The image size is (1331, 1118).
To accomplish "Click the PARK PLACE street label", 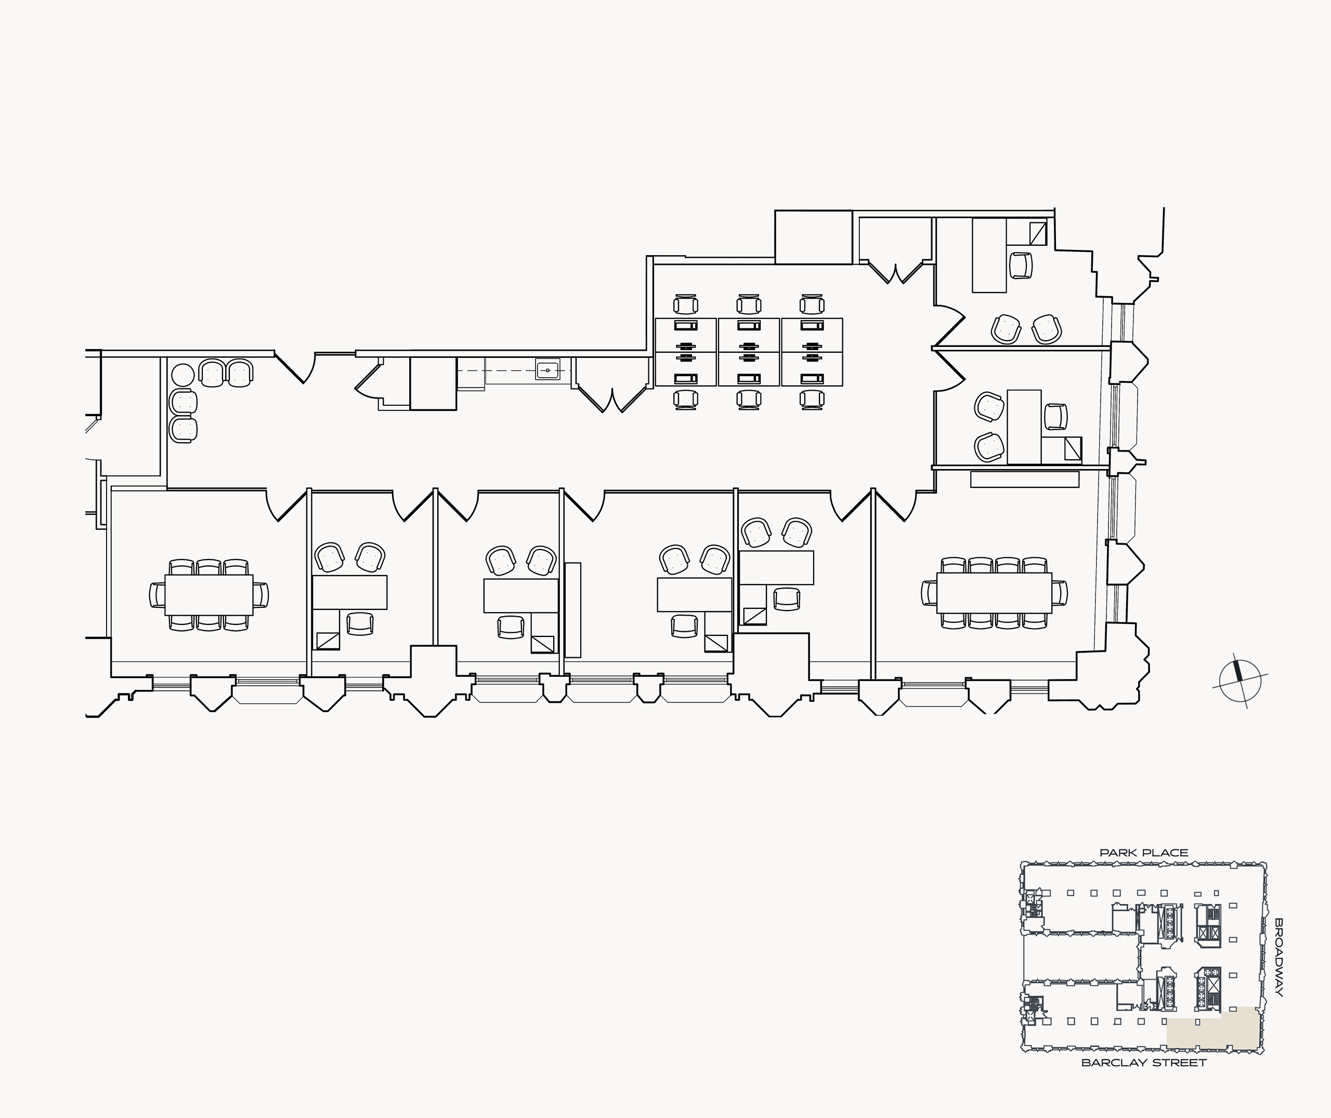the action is click(1144, 853).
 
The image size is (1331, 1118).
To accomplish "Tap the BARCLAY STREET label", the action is click(1144, 1063).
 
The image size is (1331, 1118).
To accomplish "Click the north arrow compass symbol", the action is click(1239, 681).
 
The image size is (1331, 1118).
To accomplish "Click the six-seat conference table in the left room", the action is click(208, 594).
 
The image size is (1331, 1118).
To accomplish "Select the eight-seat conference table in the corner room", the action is click(994, 593).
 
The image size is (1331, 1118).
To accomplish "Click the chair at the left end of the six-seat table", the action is click(156, 594).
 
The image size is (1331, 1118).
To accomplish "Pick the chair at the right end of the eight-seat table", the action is click(1060, 593).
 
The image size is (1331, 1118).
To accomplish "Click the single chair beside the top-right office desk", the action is click(1020, 265).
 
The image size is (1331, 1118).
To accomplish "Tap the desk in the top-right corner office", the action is click(989, 256).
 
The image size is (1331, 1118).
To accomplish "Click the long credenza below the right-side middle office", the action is click(1025, 479).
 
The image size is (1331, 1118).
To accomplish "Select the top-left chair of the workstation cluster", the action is click(685, 304).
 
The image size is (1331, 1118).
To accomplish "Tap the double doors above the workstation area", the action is click(896, 271).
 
